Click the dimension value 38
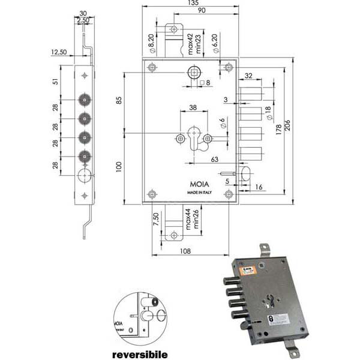tap(193, 108)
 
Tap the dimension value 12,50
tap(59, 53)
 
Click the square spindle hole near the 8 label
tap(193, 73)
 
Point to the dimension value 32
tap(249, 77)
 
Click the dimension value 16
tap(259, 188)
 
